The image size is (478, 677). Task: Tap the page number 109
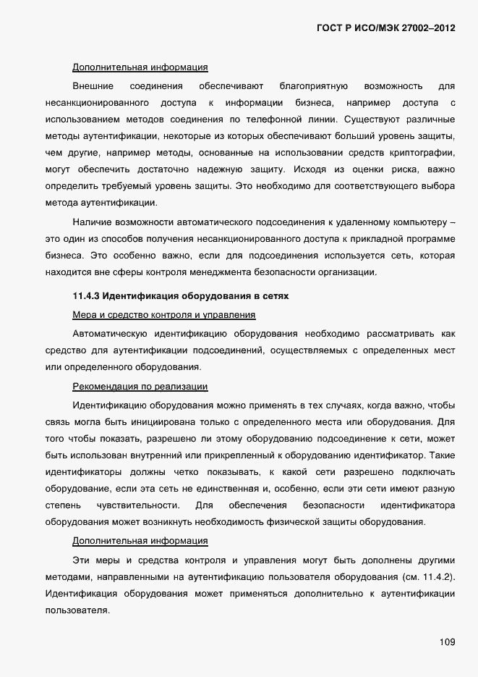pyautogui.click(x=447, y=642)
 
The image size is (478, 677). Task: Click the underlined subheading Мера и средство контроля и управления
pyautogui.click(x=164, y=315)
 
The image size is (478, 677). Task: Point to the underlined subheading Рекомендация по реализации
pyautogui.click(x=140, y=387)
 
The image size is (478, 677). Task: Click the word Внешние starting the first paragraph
pyautogui.click(x=93, y=85)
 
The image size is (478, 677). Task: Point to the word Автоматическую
pyautogui.click(x=110, y=333)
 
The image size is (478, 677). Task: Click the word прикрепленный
pyautogui.click(x=241, y=455)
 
